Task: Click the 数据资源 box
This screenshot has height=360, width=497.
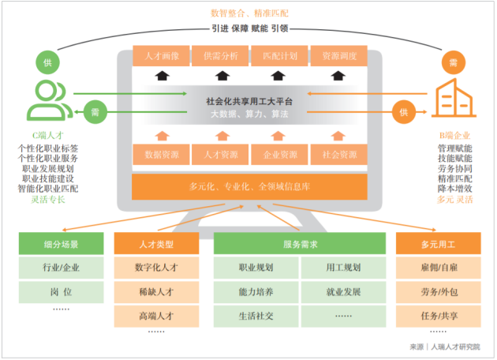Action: click(x=162, y=155)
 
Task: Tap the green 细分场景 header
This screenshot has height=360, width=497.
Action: click(x=61, y=244)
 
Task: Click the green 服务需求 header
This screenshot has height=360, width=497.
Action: click(x=299, y=244)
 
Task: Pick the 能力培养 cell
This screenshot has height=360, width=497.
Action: click(x=256, y=291)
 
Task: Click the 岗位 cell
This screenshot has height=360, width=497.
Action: click(x=61, y=291)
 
